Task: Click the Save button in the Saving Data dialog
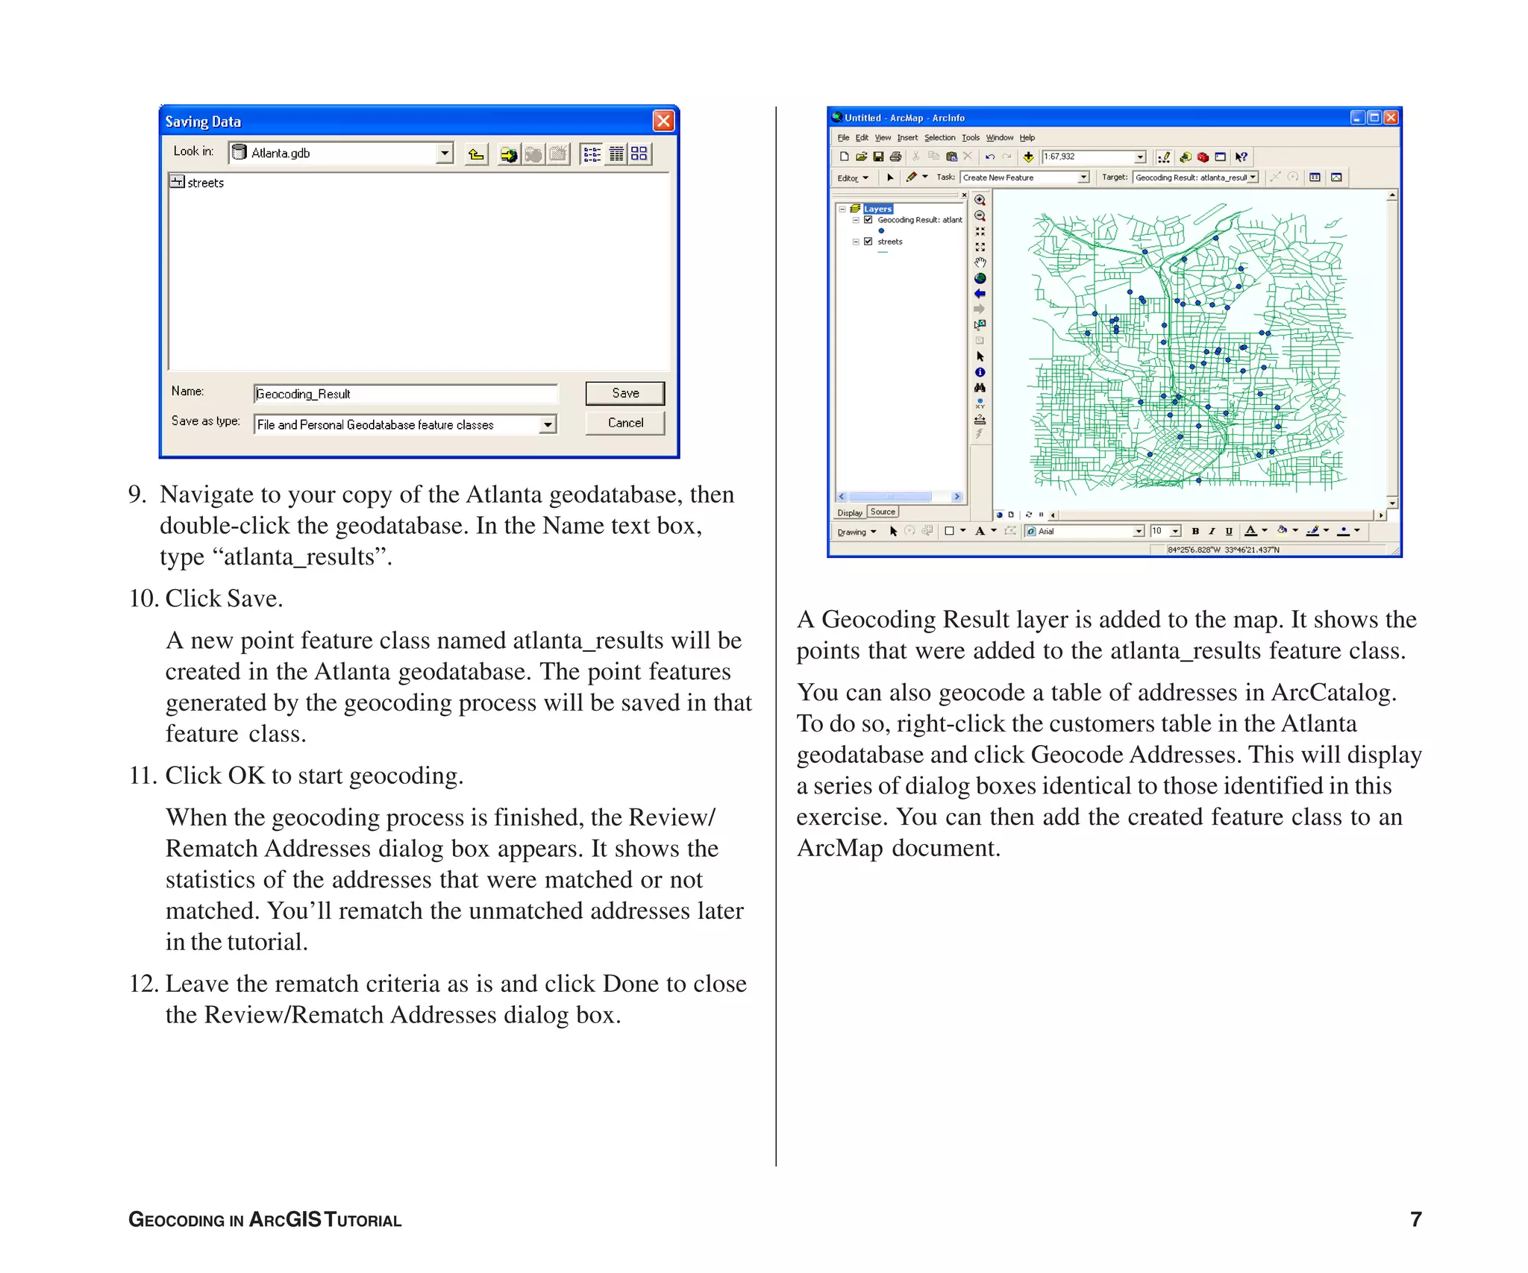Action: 624,393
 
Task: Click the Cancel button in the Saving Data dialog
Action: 624,423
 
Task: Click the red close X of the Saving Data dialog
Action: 663,121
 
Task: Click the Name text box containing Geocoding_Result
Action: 405,394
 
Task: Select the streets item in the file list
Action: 204,183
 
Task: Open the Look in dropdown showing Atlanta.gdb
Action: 445,153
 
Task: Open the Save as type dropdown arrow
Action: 548,424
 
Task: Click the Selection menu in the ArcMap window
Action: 939,138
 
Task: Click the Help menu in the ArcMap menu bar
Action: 1027,138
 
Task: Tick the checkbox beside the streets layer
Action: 868,242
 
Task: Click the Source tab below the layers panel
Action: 883,512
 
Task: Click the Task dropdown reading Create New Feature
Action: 1024,177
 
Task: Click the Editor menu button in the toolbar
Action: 852,178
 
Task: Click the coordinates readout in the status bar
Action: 1223,550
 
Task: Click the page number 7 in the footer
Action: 1415,1219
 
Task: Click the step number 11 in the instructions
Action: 143,776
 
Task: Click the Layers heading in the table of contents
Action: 877,210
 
